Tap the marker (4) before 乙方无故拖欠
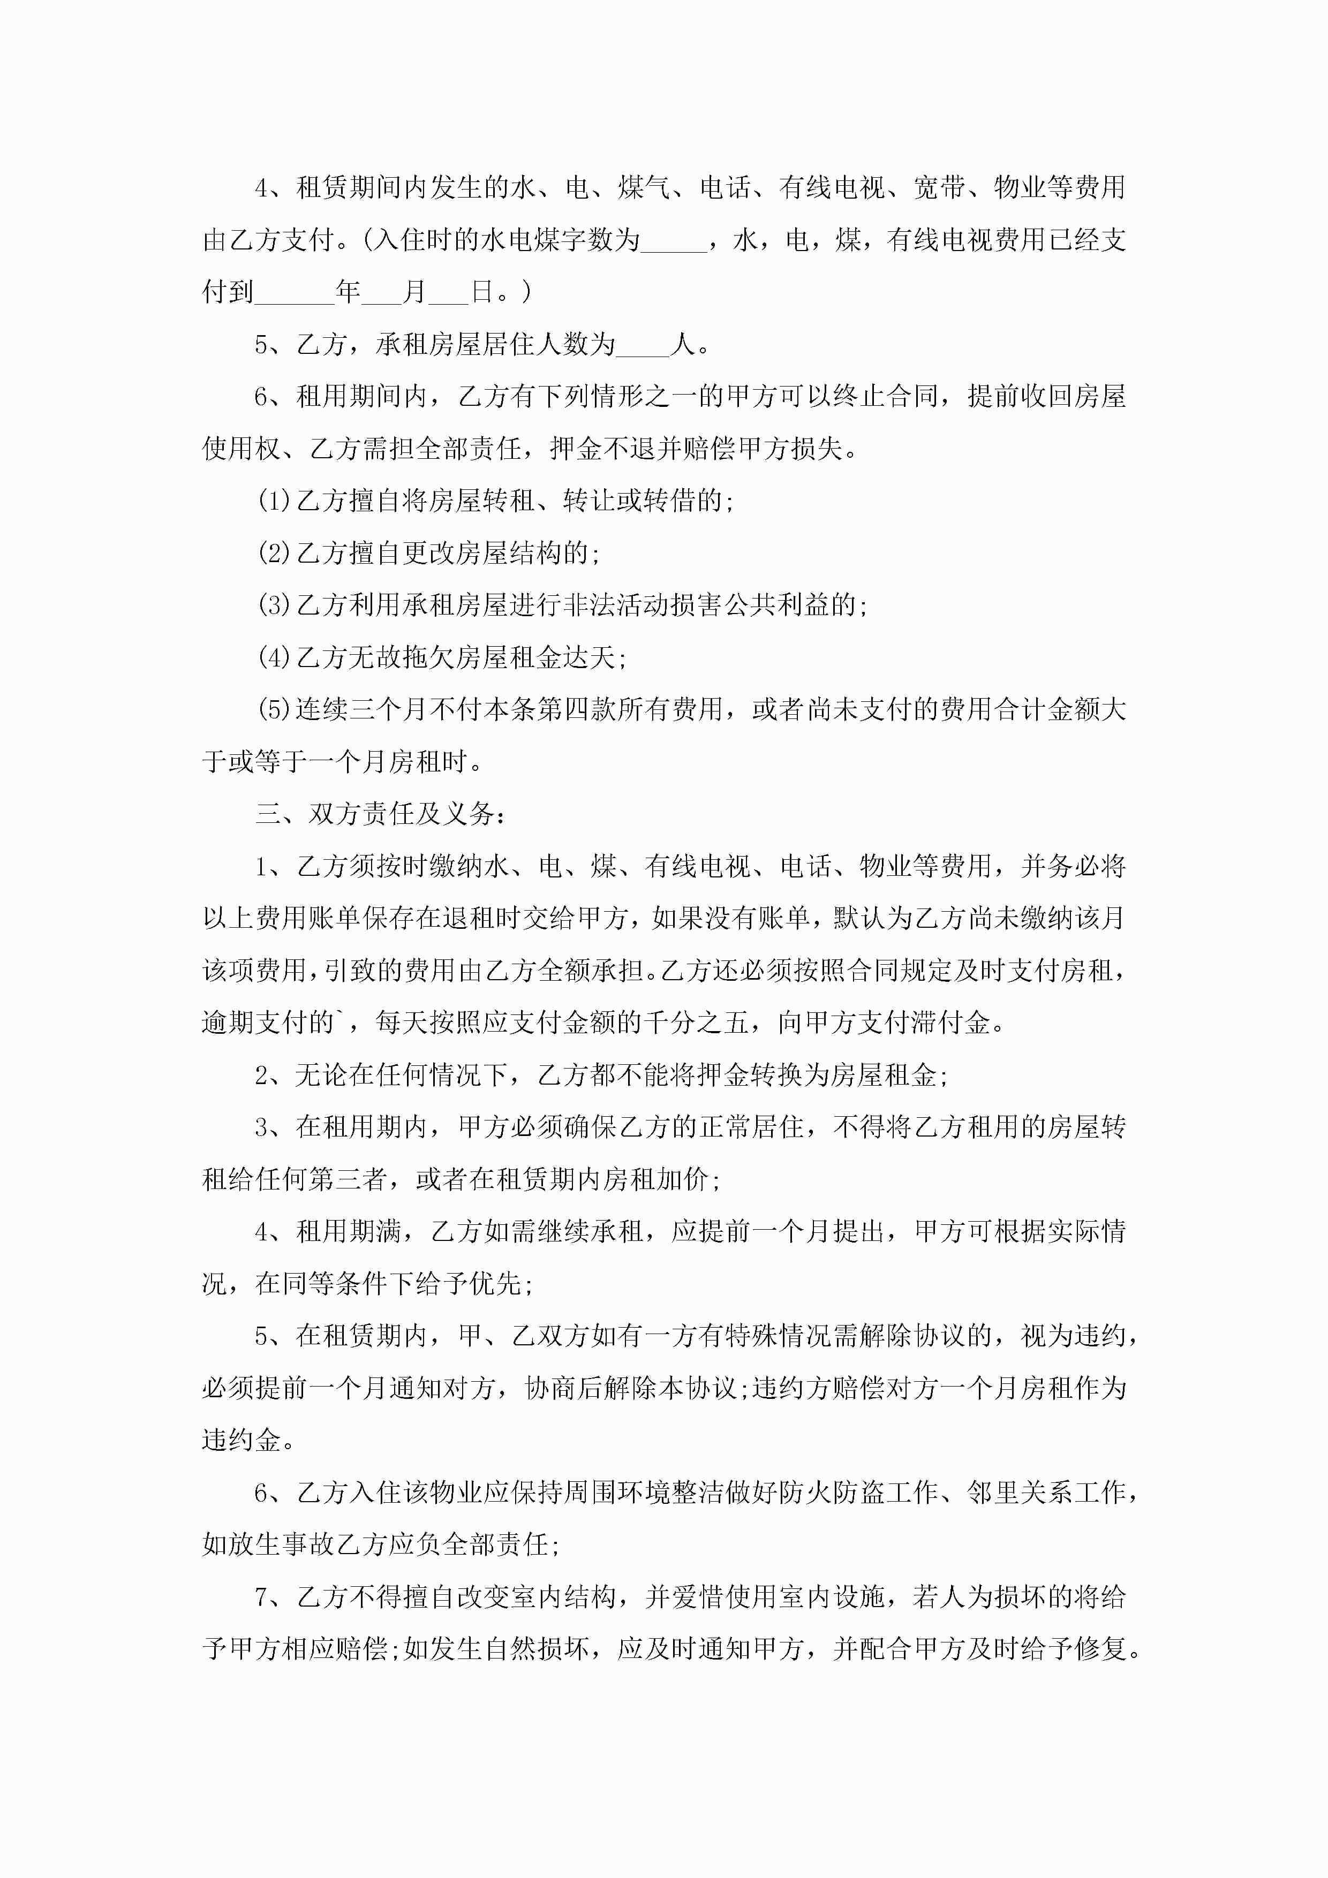pyautogui.click(x=274, y=657)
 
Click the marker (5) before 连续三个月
pyautogui.click(x=274, y=710)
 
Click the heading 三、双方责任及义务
pyautogui.click(x=381, y=815)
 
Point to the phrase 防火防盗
pyautogui.click(x=831, y=1493)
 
